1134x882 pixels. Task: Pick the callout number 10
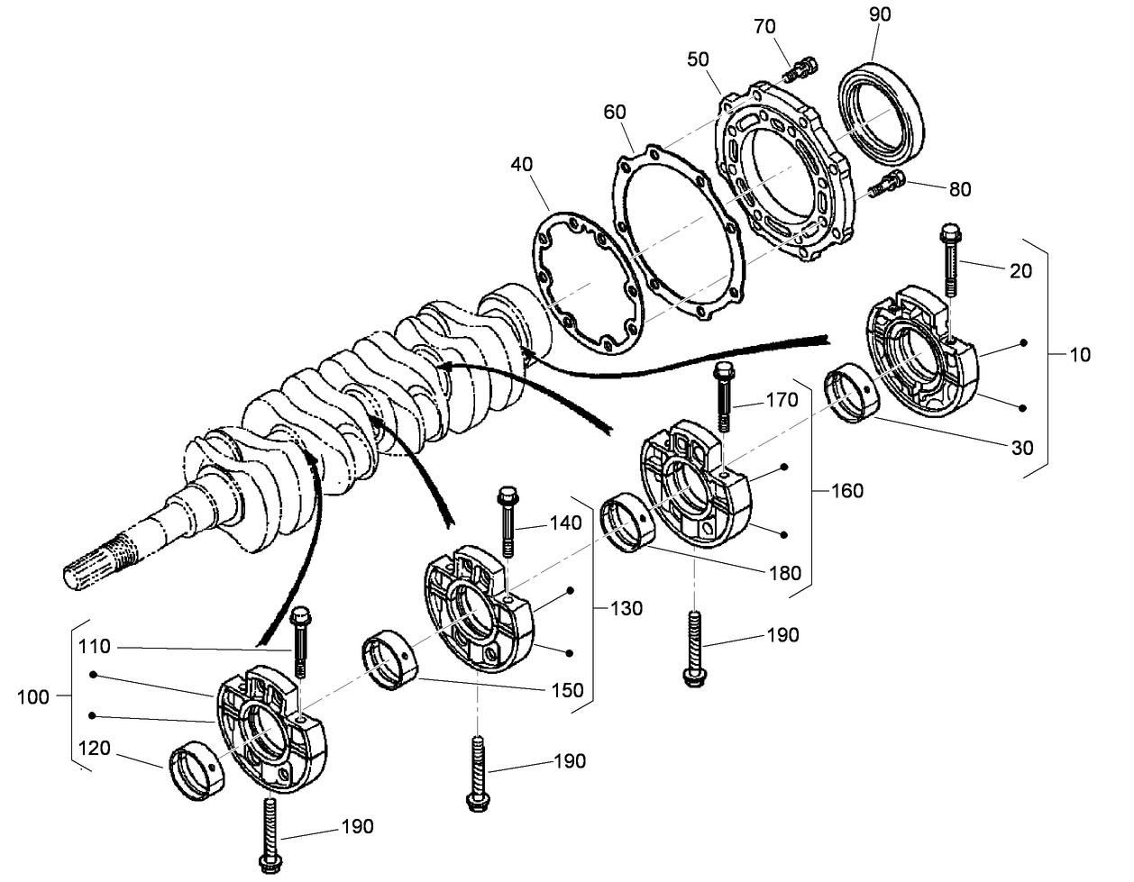[x=1078, y=354]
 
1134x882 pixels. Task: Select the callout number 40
[x=521, y=165]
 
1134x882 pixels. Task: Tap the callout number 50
[x=697, y=59]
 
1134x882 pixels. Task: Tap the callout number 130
[x=626, y=608]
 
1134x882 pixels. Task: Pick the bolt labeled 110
[x=300, y=641]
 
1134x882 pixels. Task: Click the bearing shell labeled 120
[x=193, y=770]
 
